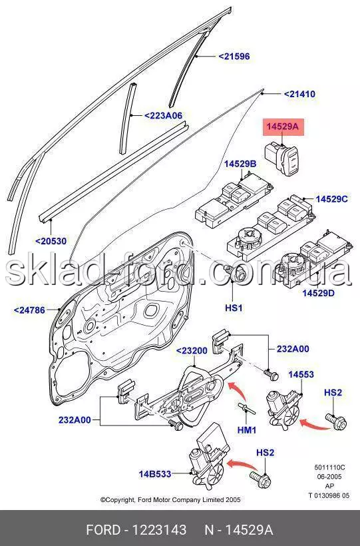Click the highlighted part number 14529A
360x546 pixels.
[283, 126]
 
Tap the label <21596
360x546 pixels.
[234, 56]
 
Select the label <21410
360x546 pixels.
[299, 94]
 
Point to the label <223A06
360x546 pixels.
[163, 115]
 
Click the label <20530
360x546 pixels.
[51, 240]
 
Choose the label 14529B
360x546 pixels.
[240, 164]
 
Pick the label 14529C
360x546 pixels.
[332, 199]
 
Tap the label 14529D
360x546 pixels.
[318, 293]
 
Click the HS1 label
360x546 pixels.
[234, 308]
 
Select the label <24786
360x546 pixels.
[29, 310]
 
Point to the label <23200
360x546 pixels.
[192, 351]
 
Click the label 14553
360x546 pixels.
[301, 374]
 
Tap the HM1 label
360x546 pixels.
[246, 430]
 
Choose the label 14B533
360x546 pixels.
[155, 474]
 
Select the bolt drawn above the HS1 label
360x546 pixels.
[237, 272]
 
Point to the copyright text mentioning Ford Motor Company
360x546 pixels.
[170, 499]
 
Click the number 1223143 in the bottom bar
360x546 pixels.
[159, 530]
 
